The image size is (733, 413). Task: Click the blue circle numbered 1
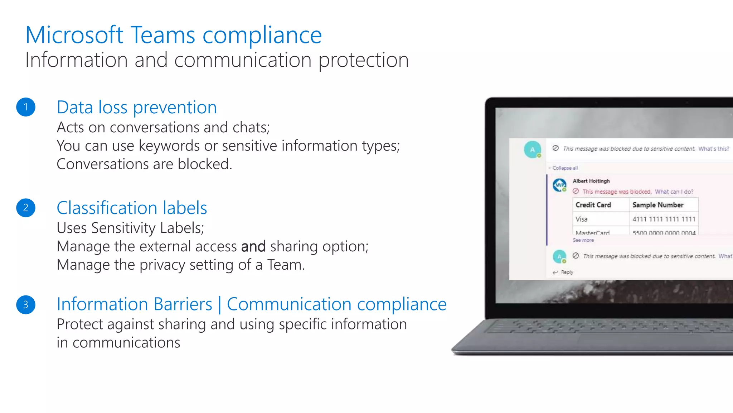[x=26, y=107]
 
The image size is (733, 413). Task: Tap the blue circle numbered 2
[x=26, y=208]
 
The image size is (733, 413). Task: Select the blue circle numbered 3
[x=26, y=304]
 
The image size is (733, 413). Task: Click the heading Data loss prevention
[x=137, y=107]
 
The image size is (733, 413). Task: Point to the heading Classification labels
[x=132, y=208]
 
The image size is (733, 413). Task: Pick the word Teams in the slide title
[x=163, y=35]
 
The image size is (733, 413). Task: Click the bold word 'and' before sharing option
[x=253, y=246]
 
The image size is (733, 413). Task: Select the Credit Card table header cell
[x=593, y=205]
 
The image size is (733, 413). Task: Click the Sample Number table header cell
[x=658, y=205]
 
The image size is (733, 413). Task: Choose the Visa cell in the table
[x=581, y=219]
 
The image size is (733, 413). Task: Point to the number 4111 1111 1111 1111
[x=664, y=219]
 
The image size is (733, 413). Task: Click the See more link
[x=583, y=240]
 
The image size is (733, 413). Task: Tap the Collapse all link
[x=565, y=168]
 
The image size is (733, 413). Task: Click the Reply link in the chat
[x=567, y=272]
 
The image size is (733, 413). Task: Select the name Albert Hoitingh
[x=591, y=181]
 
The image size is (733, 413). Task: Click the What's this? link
[x=713, y=149]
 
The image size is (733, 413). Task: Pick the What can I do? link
[x=674, y=192]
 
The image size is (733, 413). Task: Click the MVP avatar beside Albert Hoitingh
[x=559, y=185]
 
